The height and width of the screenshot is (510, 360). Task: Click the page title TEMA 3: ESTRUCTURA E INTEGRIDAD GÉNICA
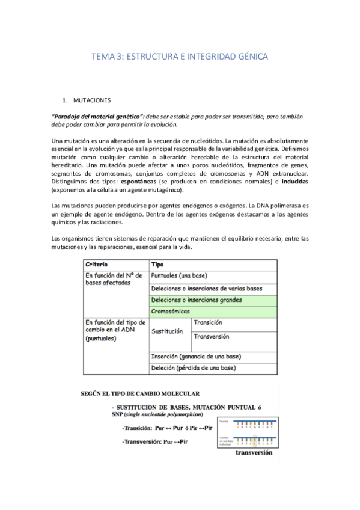179,57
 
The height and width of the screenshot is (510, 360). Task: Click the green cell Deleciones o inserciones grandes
197,300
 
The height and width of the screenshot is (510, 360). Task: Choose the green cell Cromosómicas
171,311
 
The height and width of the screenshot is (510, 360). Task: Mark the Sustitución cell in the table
167,331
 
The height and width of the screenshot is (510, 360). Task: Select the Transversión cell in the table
212,337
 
